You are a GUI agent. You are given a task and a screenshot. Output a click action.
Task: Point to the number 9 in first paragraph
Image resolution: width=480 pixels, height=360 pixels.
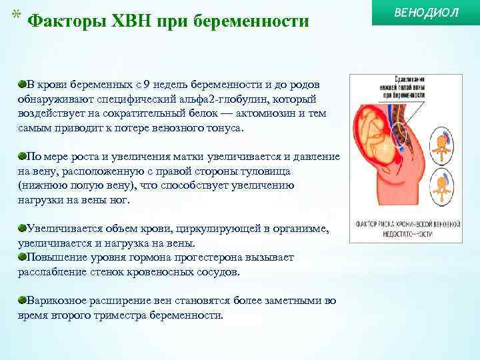(148, 85)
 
